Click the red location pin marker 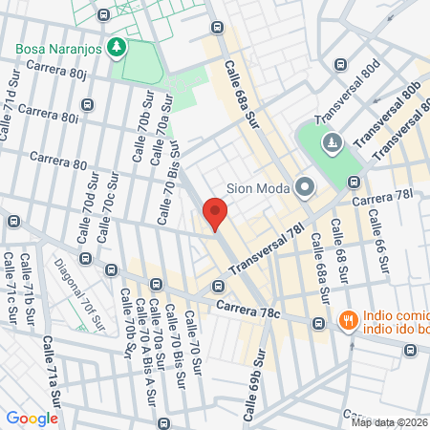(x=215, y=213)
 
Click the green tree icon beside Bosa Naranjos (x=117, y=46)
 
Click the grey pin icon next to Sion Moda (x=305, y=186)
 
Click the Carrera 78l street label (x=381, y=198)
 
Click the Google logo (x=32, y=418)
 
